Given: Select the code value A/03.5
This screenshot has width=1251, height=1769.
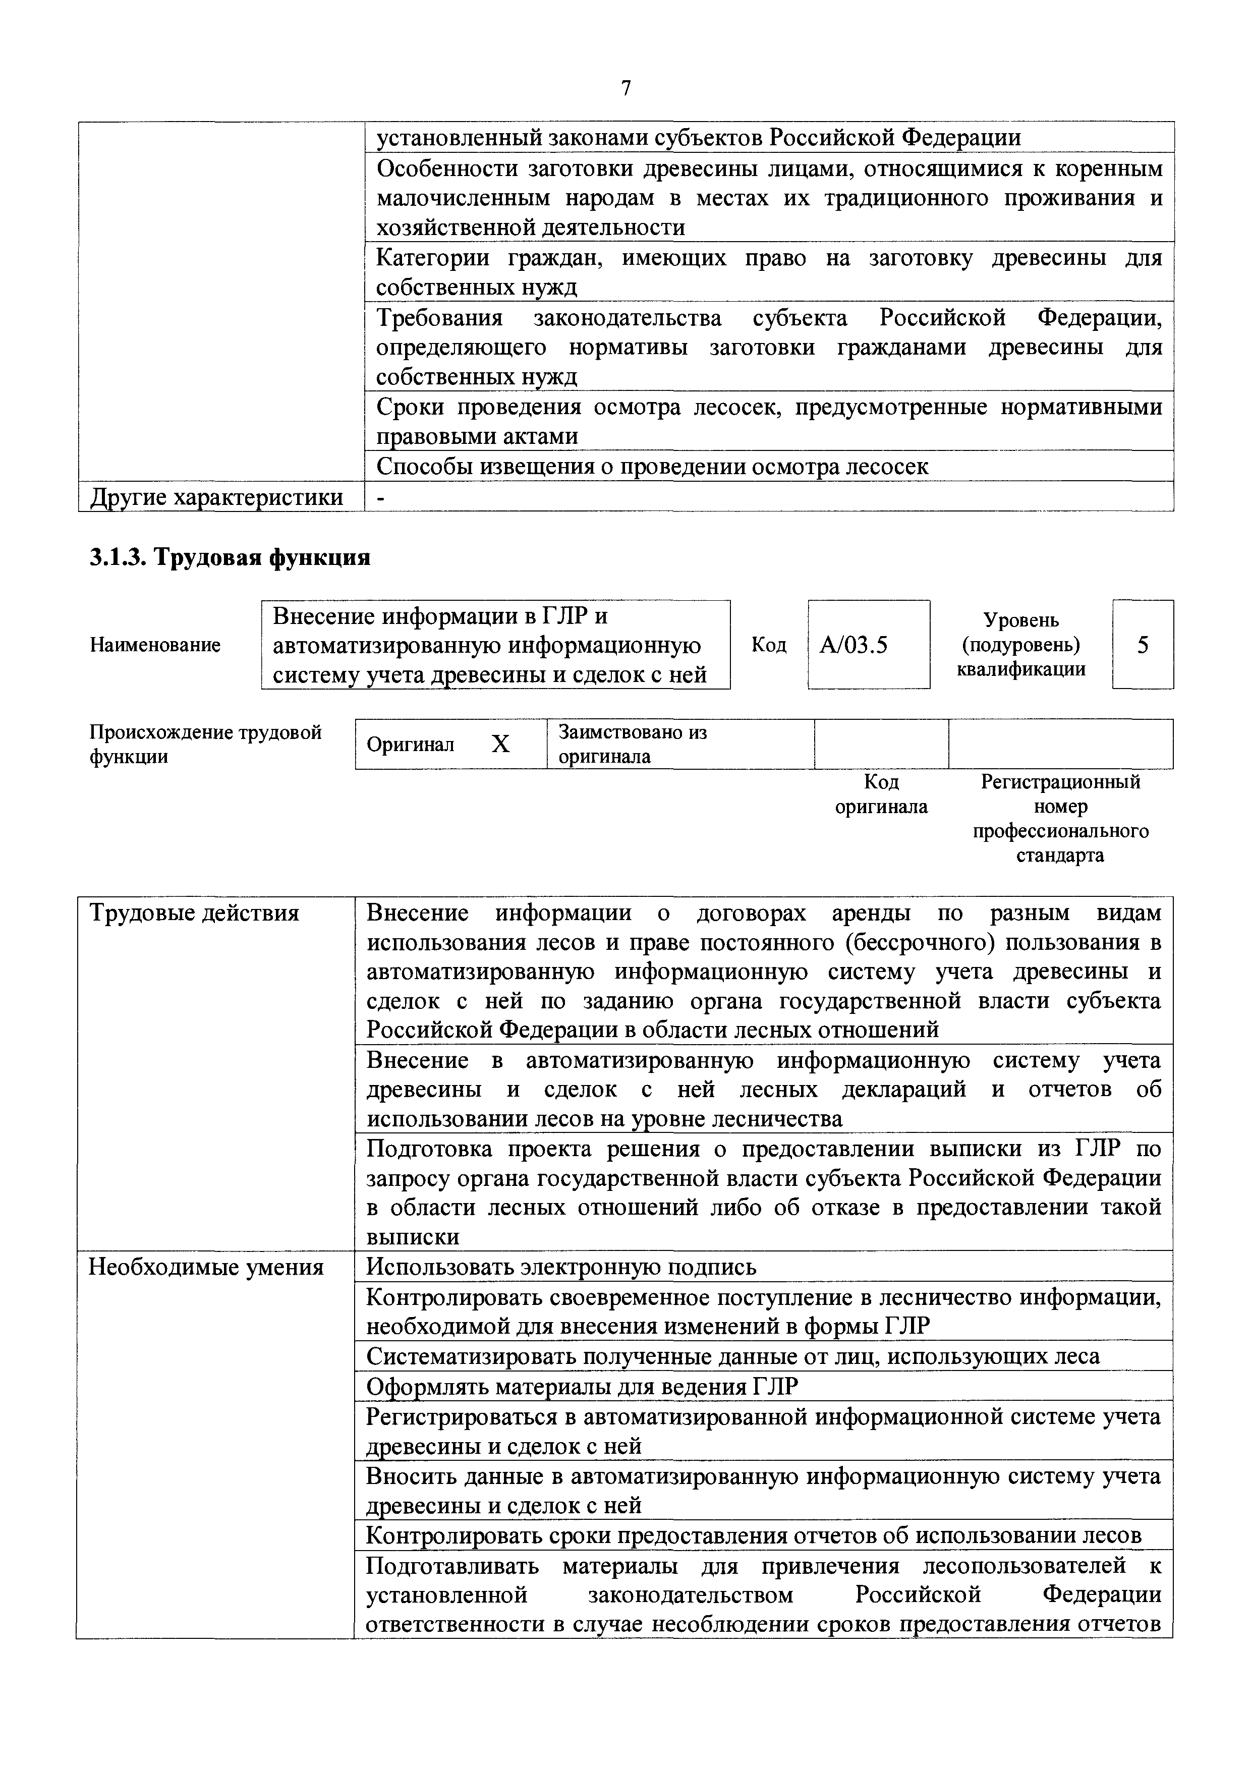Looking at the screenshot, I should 854,644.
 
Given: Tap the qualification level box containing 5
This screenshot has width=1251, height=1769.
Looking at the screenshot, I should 1143,644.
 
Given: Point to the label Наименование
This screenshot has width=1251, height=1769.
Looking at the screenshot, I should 155,644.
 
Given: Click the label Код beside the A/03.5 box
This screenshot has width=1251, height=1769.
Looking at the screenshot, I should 769,644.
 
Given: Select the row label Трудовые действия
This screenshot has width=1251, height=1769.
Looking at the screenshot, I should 194,913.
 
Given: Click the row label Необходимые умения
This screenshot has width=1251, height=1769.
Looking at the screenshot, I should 206,1267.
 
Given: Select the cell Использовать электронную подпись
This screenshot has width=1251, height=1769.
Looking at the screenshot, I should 561,1267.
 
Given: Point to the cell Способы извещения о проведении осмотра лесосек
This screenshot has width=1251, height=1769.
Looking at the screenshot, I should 652,466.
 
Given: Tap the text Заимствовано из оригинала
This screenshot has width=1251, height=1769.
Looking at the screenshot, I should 632,744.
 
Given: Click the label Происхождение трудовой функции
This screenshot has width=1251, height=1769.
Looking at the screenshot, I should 205,744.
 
